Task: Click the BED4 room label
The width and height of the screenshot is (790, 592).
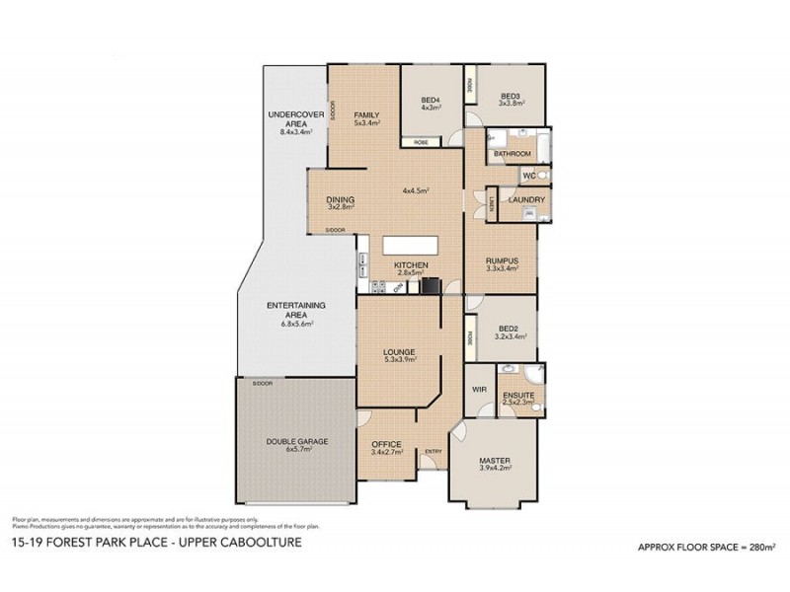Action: tap(431, 100)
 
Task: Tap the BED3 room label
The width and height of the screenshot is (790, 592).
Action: tap(510, 95)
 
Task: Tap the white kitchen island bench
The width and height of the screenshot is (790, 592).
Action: tap(410, 247)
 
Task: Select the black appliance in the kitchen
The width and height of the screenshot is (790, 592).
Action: tap(429, 286)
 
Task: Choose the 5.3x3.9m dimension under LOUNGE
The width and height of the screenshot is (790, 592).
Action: tap(400, 360)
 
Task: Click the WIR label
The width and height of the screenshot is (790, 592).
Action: tap(480, 390)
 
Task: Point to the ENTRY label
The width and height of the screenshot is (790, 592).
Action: tap(433, 452)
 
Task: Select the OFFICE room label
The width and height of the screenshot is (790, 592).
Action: tap(386, 443)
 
